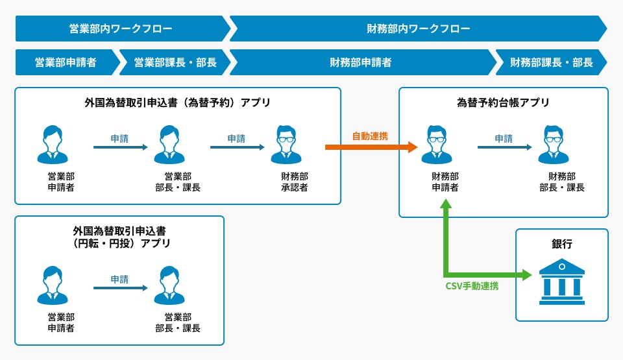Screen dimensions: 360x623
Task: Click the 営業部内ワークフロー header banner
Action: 121,29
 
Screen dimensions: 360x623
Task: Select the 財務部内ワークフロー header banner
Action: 418,29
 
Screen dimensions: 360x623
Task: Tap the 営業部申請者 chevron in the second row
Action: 66,63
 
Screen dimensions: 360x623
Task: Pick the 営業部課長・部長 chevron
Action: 175,63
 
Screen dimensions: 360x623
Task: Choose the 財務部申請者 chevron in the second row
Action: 361,63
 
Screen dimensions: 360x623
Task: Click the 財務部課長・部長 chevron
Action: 551,63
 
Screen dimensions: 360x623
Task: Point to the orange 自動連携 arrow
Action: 371,147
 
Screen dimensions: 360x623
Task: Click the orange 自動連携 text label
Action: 370,136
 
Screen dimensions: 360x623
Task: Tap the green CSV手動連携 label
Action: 472,286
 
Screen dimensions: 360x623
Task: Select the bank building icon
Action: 561,282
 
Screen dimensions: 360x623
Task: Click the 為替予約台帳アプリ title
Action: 503,102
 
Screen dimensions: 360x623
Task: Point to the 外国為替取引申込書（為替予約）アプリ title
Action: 177,102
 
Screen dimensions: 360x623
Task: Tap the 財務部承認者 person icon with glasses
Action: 289,145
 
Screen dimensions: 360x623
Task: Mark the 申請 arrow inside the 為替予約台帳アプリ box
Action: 504,147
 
